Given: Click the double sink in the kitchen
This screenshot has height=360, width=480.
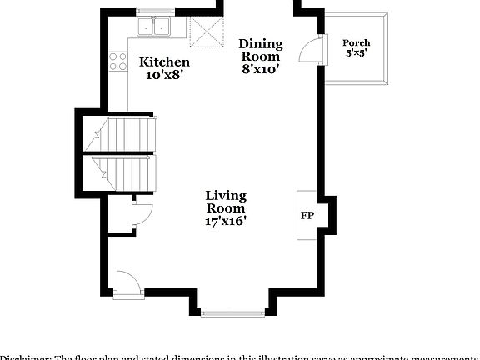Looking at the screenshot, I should point(152,27).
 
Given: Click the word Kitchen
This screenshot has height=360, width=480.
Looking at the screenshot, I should point(164,62).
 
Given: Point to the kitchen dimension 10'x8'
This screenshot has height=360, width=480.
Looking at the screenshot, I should point(164,75).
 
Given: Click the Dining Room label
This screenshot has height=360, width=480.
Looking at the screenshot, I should point(261,50).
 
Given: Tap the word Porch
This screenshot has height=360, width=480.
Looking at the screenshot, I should point(357,42).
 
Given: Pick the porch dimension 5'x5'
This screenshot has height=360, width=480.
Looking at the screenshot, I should point(357,52).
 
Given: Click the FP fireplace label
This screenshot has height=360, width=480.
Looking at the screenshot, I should point(307,216).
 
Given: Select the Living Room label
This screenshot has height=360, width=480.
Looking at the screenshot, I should point(226,202).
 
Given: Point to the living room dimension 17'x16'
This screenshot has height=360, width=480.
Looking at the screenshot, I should point(226,222).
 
